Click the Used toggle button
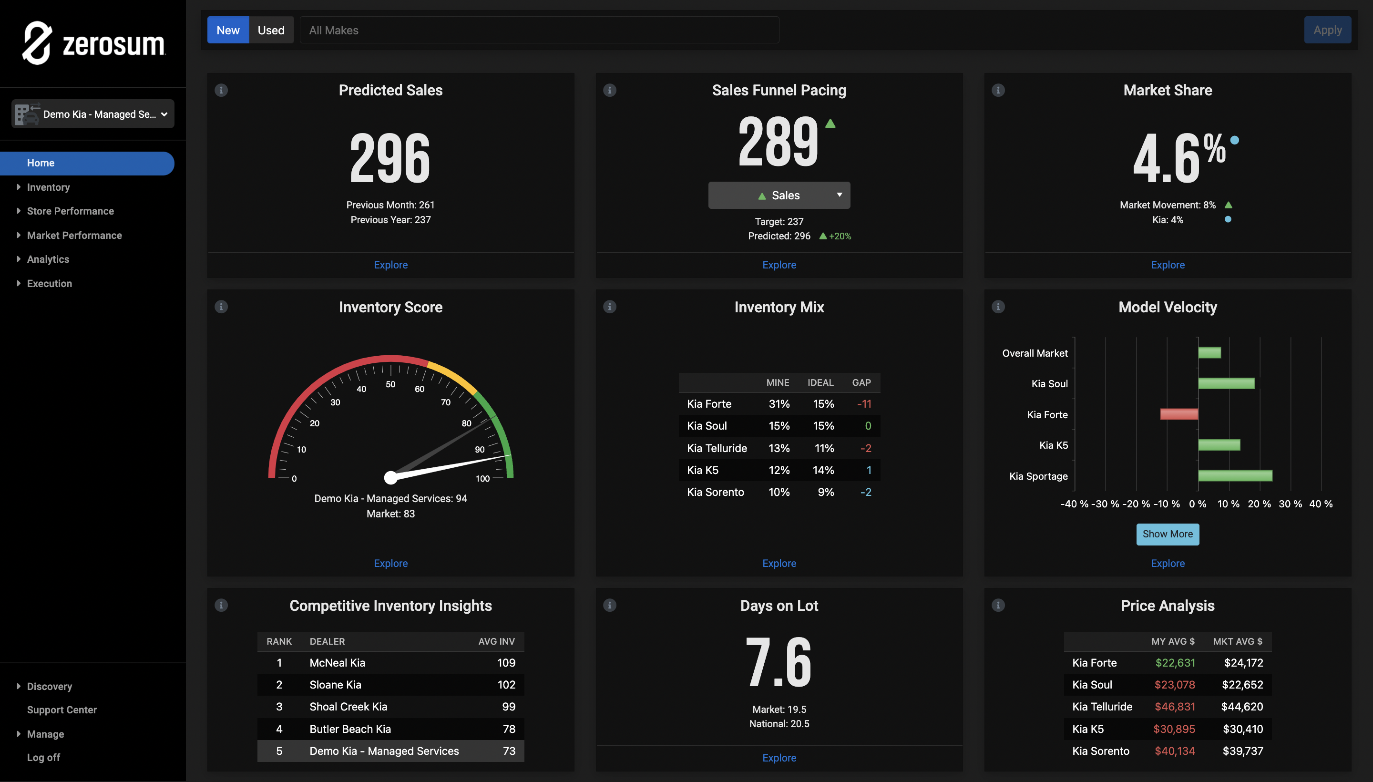271,30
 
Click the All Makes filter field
539,30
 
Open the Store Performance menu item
71,211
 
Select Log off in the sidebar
43,757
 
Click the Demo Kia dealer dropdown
93,114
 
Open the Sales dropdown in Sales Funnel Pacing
779,195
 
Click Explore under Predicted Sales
390,265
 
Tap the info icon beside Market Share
998,90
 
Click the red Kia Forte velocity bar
1178,414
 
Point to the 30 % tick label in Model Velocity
1290,504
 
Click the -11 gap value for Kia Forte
863,404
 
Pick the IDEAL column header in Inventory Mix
820,382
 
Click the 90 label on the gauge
480,449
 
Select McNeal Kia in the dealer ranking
337,663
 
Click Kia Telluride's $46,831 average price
1174,707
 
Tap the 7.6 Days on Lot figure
779,662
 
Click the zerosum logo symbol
37,43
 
